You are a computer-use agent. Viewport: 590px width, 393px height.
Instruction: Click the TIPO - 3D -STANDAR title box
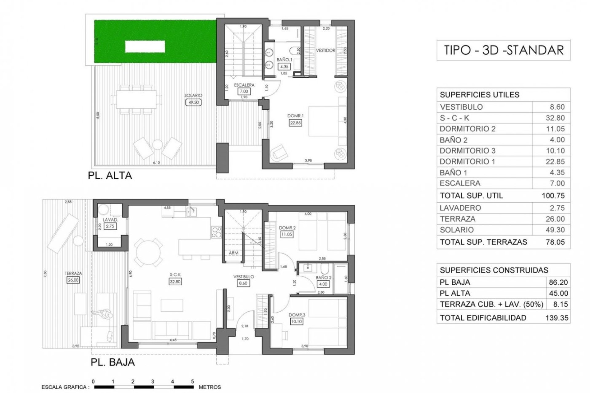coord(503,50)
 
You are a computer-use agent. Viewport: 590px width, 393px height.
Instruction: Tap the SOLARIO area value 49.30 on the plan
coord(193,103)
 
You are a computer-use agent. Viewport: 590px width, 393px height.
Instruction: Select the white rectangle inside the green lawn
coord(145,47)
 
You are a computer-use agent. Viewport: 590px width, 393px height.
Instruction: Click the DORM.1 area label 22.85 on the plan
coord(295,123)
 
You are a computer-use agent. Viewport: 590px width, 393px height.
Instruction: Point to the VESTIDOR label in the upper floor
coord(325,50)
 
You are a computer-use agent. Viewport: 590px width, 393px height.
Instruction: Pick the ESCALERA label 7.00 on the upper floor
coord(244,91)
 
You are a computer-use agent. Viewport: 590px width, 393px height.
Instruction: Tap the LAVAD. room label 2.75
coord(110,226)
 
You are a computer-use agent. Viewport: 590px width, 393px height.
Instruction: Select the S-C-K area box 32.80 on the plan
coord(175,282)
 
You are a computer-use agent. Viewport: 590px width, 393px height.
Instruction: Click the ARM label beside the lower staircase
coord(234,253)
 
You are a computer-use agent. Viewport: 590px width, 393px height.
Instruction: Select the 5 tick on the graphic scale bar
coord(193,382)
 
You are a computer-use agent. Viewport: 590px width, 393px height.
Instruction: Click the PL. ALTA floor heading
coord(110,176)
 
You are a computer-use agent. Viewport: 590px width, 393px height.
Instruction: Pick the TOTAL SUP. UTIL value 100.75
coord(553,196)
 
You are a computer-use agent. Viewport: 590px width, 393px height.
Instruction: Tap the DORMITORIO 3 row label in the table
coord(467,151)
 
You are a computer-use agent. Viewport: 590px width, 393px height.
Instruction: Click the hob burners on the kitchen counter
coord(216,232)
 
